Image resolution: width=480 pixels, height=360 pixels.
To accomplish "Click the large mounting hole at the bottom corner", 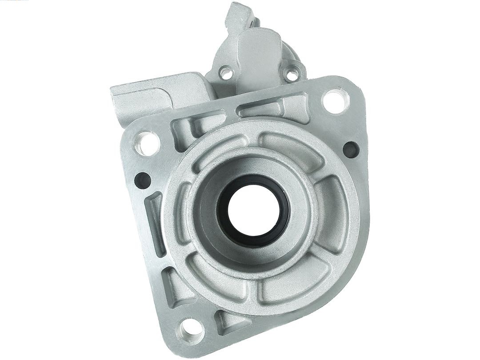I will pyautogui.click(x=191, y=330).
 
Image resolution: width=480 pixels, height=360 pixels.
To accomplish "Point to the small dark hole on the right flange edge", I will pyautogui.click(x=351, y=149).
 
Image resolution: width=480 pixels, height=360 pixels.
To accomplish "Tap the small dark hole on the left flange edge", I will pyautogui.click(x=143, y=180).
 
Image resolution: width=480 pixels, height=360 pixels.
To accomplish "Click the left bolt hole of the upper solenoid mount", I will pyautogui.click(x=226, y=73).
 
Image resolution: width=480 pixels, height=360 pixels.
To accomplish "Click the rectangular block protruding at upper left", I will pyautogui.click(x=142, y=100).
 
